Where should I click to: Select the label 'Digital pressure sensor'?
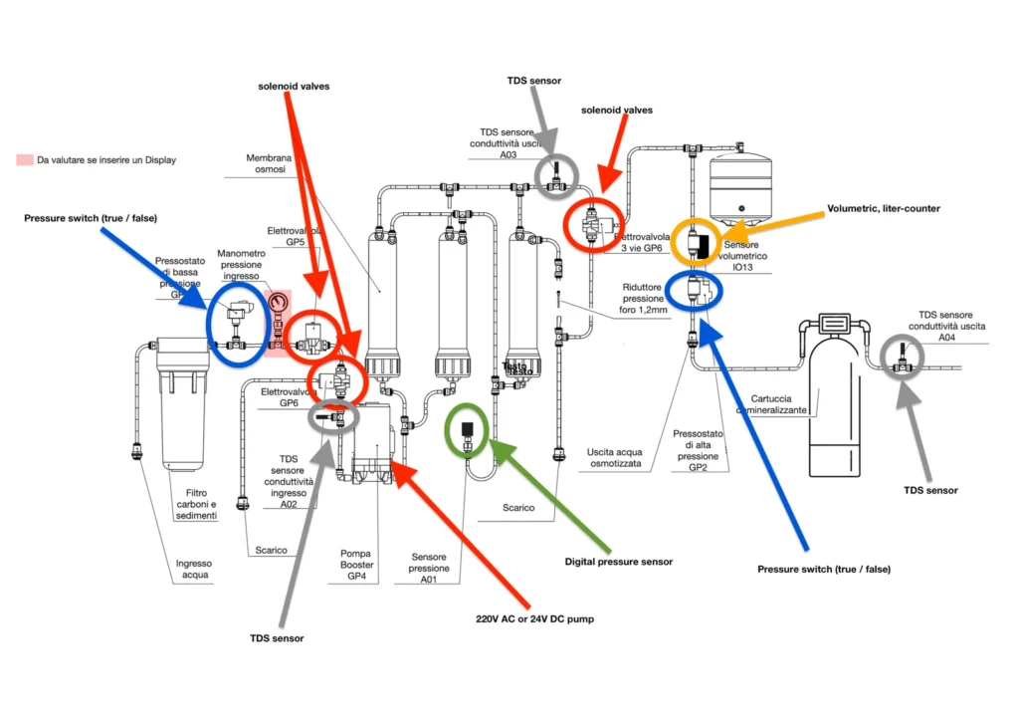coord(618,562)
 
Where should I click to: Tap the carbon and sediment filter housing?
coord(189,403)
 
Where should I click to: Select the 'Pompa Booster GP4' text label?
coord(357,564)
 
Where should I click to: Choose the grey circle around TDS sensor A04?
coord(903,360)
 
